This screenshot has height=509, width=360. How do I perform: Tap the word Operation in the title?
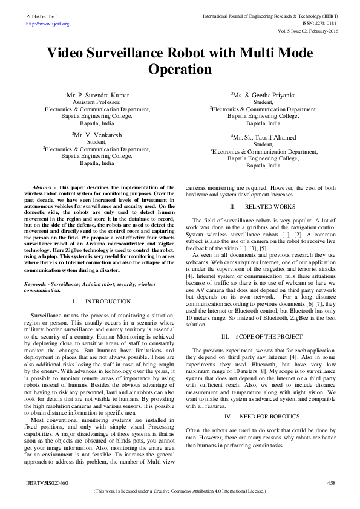(180, 70)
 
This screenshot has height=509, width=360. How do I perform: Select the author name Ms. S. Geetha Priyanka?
(263, 96)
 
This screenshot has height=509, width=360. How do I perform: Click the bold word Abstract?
(42, 188)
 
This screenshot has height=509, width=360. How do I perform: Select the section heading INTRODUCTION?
(108, 301)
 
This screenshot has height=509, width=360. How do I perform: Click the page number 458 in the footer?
(331, 483)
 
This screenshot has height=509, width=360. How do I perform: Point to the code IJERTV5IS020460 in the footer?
(48, 483)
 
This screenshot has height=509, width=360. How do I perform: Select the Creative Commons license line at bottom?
(180, 493)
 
